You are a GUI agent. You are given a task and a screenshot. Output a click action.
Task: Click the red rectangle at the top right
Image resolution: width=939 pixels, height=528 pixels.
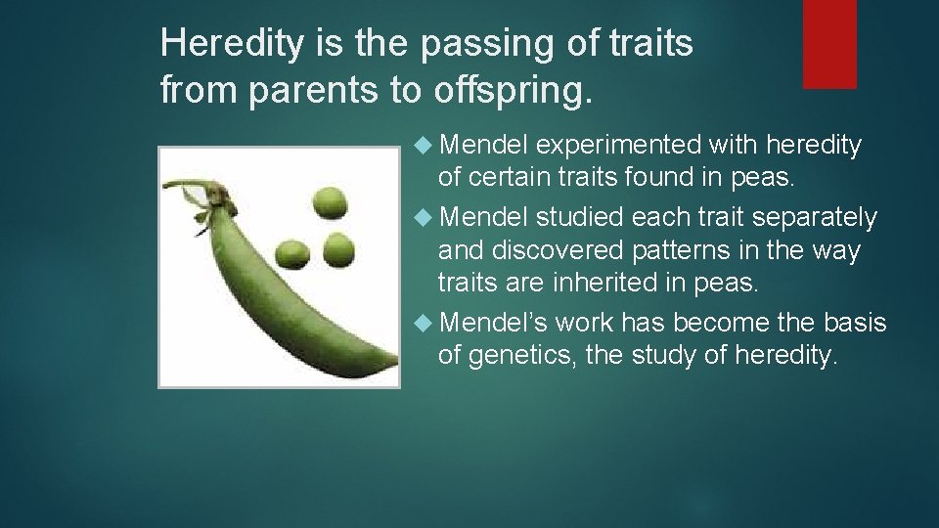point(829,43)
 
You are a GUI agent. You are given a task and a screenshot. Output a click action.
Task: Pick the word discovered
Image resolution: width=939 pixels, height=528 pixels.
point(561,251)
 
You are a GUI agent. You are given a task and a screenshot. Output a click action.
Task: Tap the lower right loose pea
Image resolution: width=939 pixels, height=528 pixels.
point(338,248)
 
